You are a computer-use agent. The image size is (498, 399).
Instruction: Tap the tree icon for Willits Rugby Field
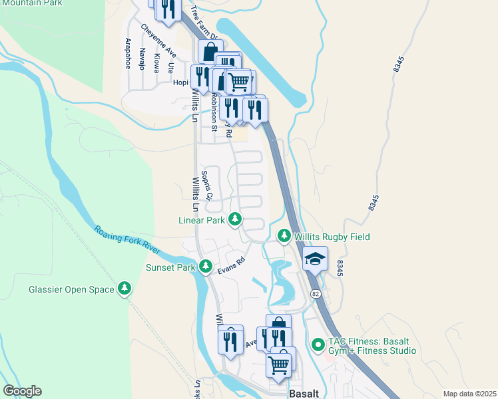pyautogui.click(x=284, y=236)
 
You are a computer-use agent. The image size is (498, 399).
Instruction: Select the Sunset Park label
pyautogui.click(x=170, y=267)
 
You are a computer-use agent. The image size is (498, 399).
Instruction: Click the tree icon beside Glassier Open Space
pyautogui.click(x=124, y=289)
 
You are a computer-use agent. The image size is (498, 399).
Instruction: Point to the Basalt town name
pyautogui.click(x=305, y=393)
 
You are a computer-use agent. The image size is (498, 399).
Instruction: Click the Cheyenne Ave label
pyautogui.click(x=158, y=41)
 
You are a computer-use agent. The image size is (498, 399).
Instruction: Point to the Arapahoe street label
pyautogui.click(x=127, y=53)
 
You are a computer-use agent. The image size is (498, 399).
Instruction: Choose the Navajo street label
pyautogui.click(x=142, y=59)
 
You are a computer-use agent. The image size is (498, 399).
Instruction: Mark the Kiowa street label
pyautogui.click(x=156, y=63)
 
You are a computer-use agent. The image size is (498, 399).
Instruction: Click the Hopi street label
pyautogui.click(x=180, y=83)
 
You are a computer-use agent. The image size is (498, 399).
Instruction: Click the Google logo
pyautogui.click(x=22, y=391)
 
